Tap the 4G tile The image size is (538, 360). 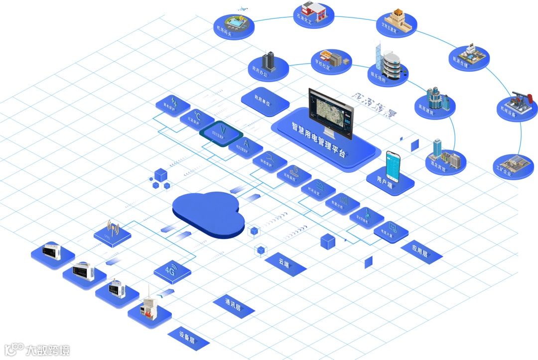pos(172,272)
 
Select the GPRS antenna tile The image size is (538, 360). pos(113,232)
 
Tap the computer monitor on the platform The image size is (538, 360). pos(331,113)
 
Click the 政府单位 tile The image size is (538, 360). pos(265,101)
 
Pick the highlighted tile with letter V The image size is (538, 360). pos(221,132)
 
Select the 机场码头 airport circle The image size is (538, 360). pos(233,25)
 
